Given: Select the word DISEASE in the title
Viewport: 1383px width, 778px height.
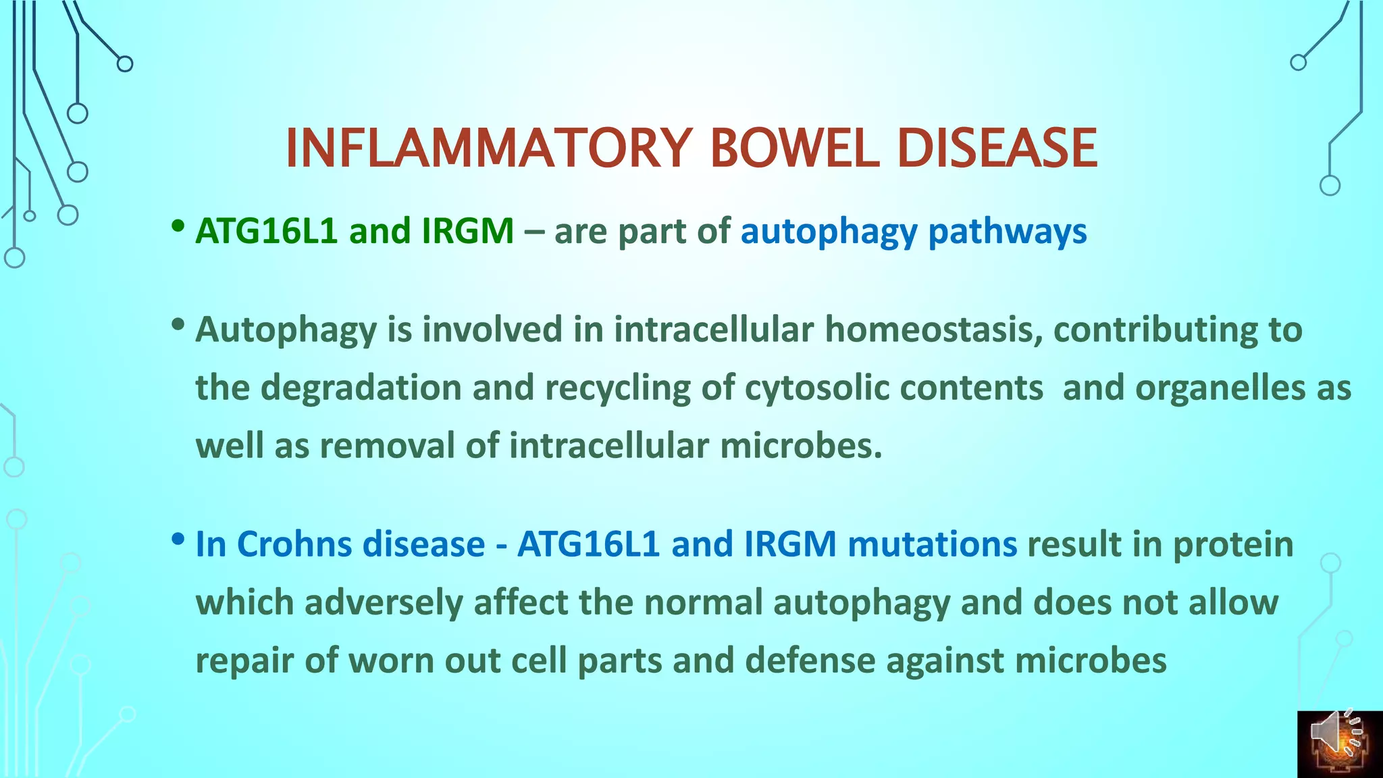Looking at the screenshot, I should (x=997, y=149).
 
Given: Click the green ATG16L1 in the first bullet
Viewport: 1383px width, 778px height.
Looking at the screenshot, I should (x=266, y=231).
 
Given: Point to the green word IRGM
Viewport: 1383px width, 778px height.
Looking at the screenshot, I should (x=467, y=231).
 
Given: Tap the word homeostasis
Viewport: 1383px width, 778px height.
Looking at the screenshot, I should (x=933, y=330).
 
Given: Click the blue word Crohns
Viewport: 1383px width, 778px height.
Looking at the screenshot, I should (x=293, y=544).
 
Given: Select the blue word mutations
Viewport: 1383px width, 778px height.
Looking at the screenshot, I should (x=932, y=544).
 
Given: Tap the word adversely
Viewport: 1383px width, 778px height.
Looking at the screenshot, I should (x=383, y=603).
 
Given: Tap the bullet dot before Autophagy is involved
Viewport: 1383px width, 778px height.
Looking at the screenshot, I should (x=178, y=325).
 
